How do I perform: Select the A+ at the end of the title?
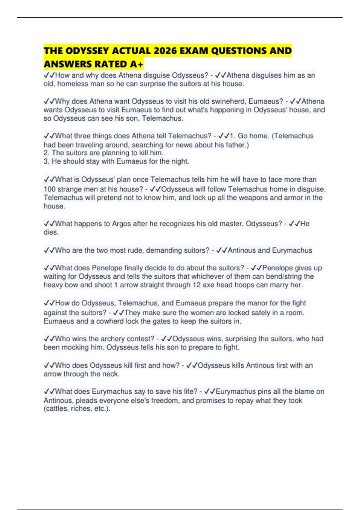point(136,64)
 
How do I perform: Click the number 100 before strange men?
point(50,189)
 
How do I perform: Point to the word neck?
point(112,374)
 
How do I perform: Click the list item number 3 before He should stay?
point(46,161)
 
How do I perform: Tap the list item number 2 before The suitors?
point(46,153)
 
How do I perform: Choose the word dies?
point(51,232)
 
